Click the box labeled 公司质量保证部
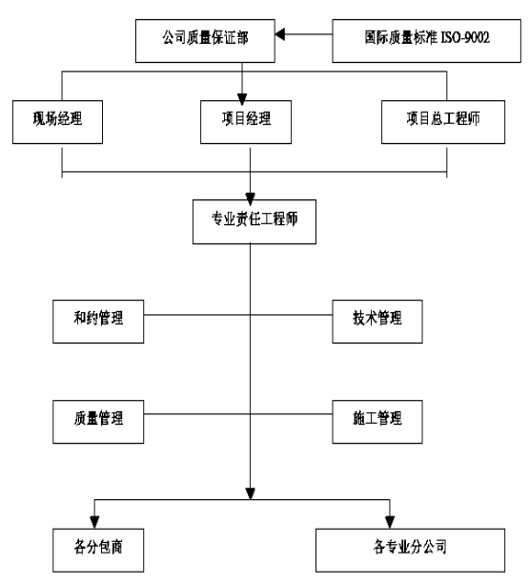pos(205,41)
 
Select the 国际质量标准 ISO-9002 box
pos(427,41)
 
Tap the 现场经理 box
pos(58,122)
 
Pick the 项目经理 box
pos(246,122)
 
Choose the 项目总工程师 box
pos(443,122)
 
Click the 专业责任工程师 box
pos(254,222)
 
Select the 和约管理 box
pos(98,322)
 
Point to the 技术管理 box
pos(377,322)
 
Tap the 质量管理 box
pos(98,422)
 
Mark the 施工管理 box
pos(377,422)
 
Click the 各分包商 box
pos(98,551)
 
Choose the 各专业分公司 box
pos(410,551)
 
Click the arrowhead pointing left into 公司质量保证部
pos(280,34)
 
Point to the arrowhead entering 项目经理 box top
pos(242,99)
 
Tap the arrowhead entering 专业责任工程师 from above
pos(251,198)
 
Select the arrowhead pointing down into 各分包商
pos(94,522)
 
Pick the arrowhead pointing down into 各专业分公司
pos(390,522)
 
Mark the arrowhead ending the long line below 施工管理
pos(251,493)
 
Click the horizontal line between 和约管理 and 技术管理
pos(238,315)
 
